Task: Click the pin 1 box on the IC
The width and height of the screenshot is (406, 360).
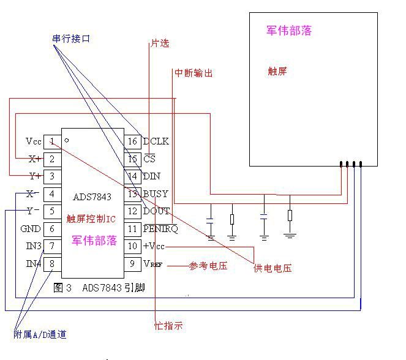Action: tap(53, 141)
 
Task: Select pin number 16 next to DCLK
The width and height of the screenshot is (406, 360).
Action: tap(132, 141)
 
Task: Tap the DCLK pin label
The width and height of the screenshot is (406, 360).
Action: tap(156, 141)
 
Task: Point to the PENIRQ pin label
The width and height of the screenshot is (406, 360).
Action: tap(160, 229)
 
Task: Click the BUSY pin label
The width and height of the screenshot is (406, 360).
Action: tap(155, 194)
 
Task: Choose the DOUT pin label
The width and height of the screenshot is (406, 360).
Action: tap(156, 211)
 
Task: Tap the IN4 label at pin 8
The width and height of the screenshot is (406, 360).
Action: tap(34, 264)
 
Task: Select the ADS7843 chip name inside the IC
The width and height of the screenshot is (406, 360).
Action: tap(92, 197)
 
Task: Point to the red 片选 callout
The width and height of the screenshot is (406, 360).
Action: tap(159, 43)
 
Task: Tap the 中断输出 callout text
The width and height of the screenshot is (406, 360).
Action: tap(194, 73)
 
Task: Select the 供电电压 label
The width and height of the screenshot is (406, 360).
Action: tap(273, 268)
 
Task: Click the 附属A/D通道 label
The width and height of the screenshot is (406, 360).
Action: tap(40, 334)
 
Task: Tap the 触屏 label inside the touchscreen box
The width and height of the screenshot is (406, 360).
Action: tap(277, 71)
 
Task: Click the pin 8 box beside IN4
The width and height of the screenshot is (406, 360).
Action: tap(53, 264)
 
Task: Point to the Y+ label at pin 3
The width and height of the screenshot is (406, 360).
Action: tap(34, 176)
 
